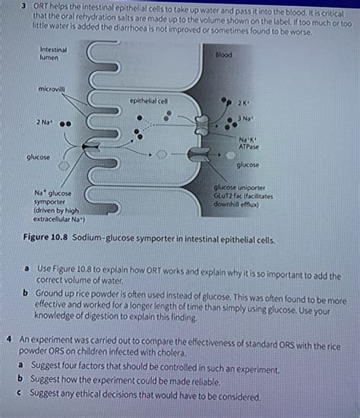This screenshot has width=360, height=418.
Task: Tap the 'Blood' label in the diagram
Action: pyautogui.click(x=224, y=55)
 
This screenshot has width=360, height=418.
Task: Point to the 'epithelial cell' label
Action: pyautogui.click(x=149, y=100)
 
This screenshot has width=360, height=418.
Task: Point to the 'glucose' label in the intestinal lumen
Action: pyautogui.click(x=38, y=157)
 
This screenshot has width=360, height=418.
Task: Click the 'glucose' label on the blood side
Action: pyautogui.click(x=248, y=165)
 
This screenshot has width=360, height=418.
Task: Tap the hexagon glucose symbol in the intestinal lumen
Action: pyautogui.click(x=65, y=165)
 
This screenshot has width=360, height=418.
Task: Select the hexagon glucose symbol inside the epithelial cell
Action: pyautogui.click(x=161, y=154)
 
